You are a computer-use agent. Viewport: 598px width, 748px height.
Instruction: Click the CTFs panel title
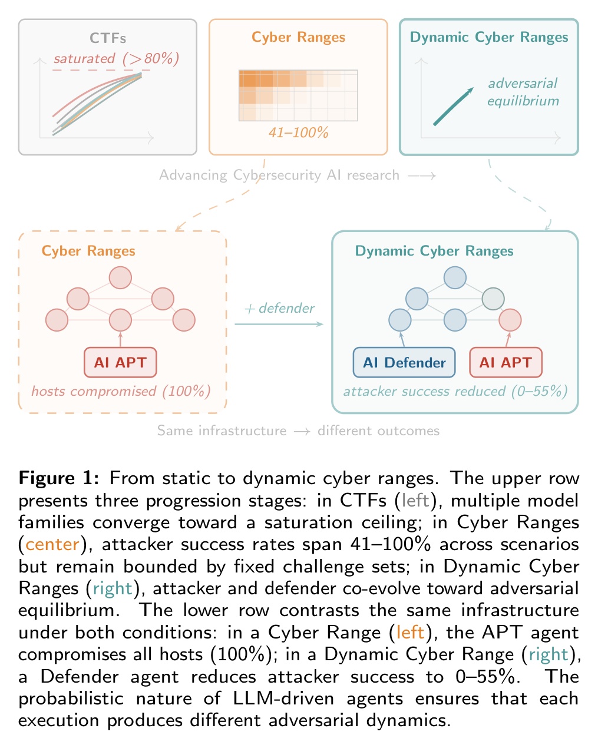(x=108, y=38)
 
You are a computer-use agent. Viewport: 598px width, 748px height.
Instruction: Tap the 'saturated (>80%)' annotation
(x=115, y=59)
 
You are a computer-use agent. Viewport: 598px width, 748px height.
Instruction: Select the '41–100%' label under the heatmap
(x=298, y=133)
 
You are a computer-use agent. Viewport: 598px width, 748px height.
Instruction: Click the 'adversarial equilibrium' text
(x=523, y=92)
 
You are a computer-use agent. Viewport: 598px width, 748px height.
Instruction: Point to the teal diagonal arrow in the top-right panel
(x=453, y=107)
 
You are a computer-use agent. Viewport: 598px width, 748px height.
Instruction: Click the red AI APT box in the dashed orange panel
(x=120, y=362)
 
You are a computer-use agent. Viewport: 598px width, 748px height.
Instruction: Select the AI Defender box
(x=404, y=362)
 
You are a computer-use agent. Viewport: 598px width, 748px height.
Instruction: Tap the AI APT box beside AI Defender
(x=505, y=362)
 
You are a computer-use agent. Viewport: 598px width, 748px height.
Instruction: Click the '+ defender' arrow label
(x=279, y=308)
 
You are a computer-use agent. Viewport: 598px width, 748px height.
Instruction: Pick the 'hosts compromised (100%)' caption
(x=121, y=391)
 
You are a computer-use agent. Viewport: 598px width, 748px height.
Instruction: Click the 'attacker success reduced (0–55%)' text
(x=455, y=391)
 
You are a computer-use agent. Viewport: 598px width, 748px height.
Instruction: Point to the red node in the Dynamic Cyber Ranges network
(x=510, y=320)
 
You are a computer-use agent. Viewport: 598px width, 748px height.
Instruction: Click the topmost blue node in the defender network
(x=455, y=277)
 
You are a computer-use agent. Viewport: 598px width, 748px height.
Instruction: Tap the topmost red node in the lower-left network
(x=120, y=277)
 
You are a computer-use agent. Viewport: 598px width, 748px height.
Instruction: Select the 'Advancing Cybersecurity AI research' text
(x=279, y=175)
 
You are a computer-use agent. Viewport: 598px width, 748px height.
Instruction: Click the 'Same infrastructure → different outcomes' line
(x=298, y=431)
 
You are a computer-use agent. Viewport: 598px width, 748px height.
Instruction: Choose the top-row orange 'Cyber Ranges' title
(x=298, y=38)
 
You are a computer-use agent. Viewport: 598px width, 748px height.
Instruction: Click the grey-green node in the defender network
(x=493, y=299)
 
